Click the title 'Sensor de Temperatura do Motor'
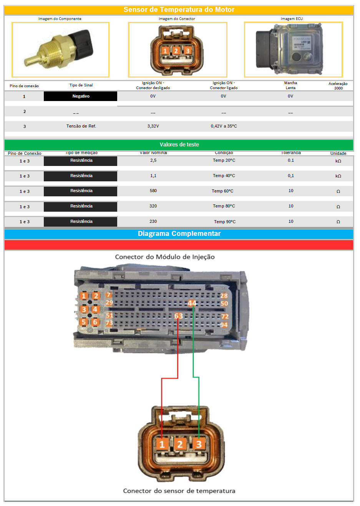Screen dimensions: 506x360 tap(179, 10)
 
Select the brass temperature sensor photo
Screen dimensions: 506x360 tap(60, 50)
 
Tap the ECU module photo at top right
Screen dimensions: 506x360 tap(293, 49)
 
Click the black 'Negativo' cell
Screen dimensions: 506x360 tap(81, 96)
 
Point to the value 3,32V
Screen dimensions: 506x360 tap(153, 126)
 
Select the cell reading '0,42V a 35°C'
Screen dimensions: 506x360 tap(224, 126)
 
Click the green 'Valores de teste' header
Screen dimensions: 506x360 tap(179, 144)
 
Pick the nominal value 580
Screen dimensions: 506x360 tap(153, 191)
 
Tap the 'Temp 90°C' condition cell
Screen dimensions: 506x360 tap(225, 222)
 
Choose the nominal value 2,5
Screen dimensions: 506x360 tap(153, 160)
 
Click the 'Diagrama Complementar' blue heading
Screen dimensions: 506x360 tap(179, 234)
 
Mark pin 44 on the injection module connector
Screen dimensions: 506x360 tap(192, 303)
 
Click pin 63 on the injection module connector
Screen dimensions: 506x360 tap(178, 316)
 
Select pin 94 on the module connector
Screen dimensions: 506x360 tap(224, 325)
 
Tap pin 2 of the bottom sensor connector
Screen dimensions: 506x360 tap(179, 445)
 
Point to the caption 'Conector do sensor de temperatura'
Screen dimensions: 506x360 tap(179, 491)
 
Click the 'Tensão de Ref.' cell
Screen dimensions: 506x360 tap(81, 126)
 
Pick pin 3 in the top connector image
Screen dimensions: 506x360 tap(187, 51)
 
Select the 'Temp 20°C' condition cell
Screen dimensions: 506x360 tap(224, 160)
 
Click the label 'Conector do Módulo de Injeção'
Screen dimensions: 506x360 tap(165, 257)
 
